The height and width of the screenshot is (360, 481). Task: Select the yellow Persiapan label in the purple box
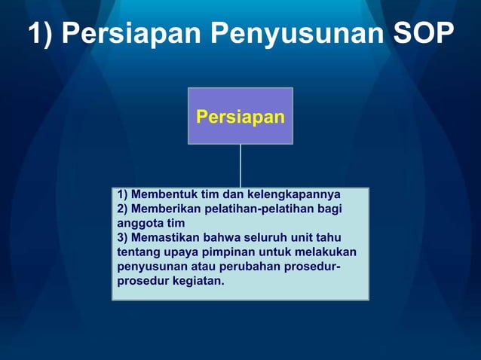tap(240, 117)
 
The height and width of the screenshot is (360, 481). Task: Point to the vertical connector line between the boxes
tap(240, 166)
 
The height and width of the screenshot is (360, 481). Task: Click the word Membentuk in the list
tap(160, 194)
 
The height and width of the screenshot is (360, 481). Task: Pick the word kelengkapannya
tap(293, 194)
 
